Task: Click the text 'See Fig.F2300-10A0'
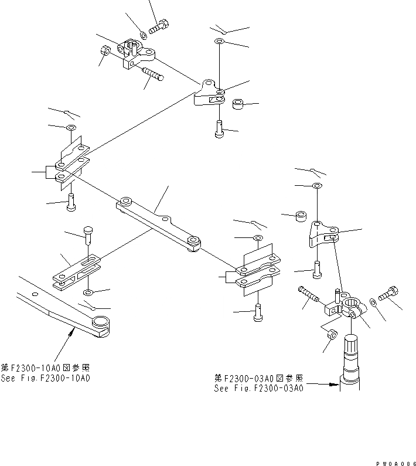pos(46,378)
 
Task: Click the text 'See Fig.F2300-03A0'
pos(258,388)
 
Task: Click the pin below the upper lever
pos(219,126)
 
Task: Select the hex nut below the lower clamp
pos(330,335)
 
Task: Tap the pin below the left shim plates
pos(71,201)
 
